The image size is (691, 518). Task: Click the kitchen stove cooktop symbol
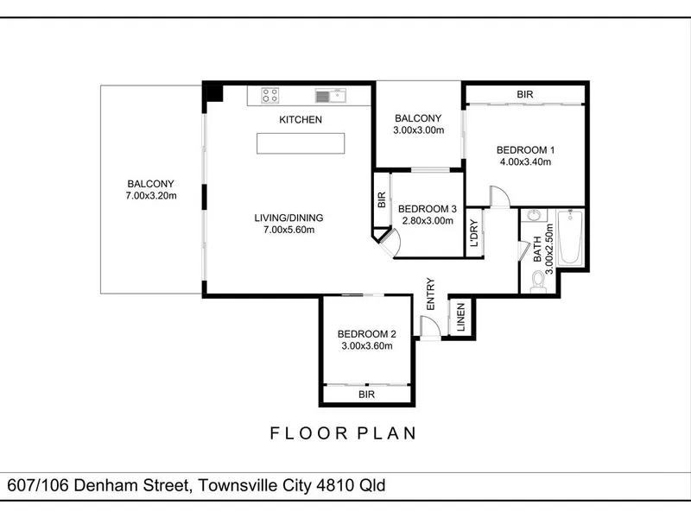click(x=269, y=95)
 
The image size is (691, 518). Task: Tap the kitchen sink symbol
click(x=331, y=96)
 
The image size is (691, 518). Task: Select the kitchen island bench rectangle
click(x=301, y=143)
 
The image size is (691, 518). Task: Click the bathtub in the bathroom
click(x=570, y=238)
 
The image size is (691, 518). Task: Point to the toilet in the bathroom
click(x=538, y=282)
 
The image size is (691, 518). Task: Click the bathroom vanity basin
click(x=534, y=215)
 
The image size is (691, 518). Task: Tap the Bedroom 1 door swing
click(x=500, y=196)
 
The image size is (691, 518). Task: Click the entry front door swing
click(x=429, y=327)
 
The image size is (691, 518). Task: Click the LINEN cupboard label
click(x=461, y=317)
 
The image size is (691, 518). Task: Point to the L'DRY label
click(x=474, y=233)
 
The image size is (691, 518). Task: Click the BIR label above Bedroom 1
click(x=525, y=94)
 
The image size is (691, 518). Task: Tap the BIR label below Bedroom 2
click(x=366, y=395)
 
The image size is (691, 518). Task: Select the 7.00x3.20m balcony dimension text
click(x=151, y=196)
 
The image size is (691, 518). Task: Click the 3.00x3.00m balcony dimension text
click(x=419, y=130)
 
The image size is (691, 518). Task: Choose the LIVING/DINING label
click(x=288, y=218)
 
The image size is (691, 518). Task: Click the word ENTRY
click(x=430, y=294)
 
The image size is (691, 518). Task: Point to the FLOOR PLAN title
click(x=343, y=433)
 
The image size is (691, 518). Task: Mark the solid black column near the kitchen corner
click(x=215, y=93)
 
